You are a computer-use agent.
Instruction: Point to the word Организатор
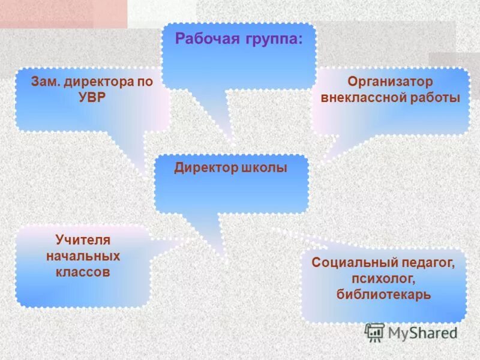tap(390, 81)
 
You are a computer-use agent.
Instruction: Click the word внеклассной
tap(359, 98)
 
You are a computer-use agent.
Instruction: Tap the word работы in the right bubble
tap(430, 98)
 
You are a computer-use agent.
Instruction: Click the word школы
tap(264, 168)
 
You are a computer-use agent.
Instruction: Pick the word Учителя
tap(83, 240)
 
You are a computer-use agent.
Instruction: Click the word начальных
tap(83, 256)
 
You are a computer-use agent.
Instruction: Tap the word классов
tap(83, 272)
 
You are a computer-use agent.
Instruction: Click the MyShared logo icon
tap(374, 332)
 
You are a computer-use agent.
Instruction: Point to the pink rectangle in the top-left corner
tap(63, 13)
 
